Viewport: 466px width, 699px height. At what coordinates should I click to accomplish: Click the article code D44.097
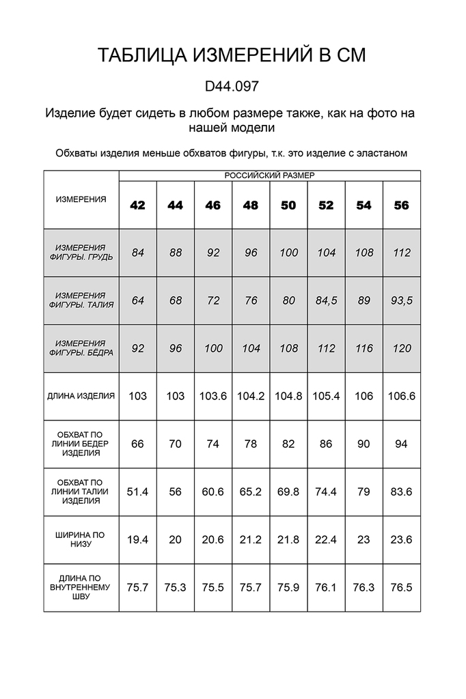point(232,87)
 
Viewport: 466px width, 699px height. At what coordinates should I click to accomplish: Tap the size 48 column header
point(251,205)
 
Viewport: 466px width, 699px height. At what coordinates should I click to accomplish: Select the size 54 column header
point(364,205)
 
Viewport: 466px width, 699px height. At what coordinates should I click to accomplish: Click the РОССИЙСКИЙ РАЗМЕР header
point(269,175)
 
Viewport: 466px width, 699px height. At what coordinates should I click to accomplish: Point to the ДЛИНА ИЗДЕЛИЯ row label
point(82,395)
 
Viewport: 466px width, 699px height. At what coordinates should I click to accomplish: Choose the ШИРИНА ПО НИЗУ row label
point(82,539)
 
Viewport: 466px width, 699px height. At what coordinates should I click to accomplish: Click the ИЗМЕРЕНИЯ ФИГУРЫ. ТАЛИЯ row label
point(82,300)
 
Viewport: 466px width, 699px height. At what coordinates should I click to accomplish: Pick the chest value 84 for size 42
point(138,253)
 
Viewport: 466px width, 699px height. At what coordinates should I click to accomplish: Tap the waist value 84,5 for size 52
point(326,300)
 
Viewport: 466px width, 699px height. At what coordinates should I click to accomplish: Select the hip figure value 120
point(402,348)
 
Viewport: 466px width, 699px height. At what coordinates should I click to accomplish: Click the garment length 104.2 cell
point(251,396)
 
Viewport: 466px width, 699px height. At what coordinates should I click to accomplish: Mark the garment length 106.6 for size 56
point(402,396)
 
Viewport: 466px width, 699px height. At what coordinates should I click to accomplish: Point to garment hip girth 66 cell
point(138,444)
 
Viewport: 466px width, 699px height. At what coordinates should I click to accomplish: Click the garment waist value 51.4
point(138,491)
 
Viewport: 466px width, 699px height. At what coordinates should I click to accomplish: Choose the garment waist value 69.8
point(288,491)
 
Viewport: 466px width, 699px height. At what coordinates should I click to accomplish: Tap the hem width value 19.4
point(138,539)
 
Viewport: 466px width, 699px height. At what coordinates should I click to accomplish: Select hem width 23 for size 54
point(364,539)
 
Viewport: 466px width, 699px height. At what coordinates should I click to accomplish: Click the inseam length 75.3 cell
point(176,587)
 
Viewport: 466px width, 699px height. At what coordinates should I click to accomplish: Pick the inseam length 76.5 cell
point(402,587)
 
